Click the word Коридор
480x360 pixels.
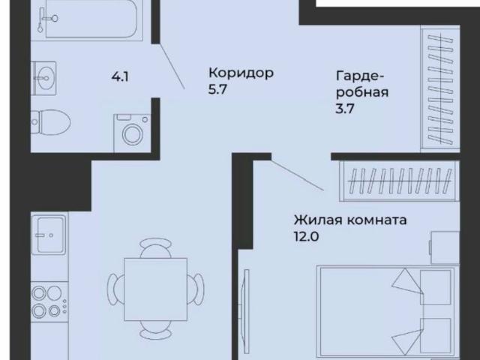click(241, 73)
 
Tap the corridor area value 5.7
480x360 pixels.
click(217, 90)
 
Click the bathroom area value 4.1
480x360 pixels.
click(118, 76)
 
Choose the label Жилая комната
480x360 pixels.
click(350, 221)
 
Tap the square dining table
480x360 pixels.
click(156, 285)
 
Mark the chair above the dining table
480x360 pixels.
click(156, 248)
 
